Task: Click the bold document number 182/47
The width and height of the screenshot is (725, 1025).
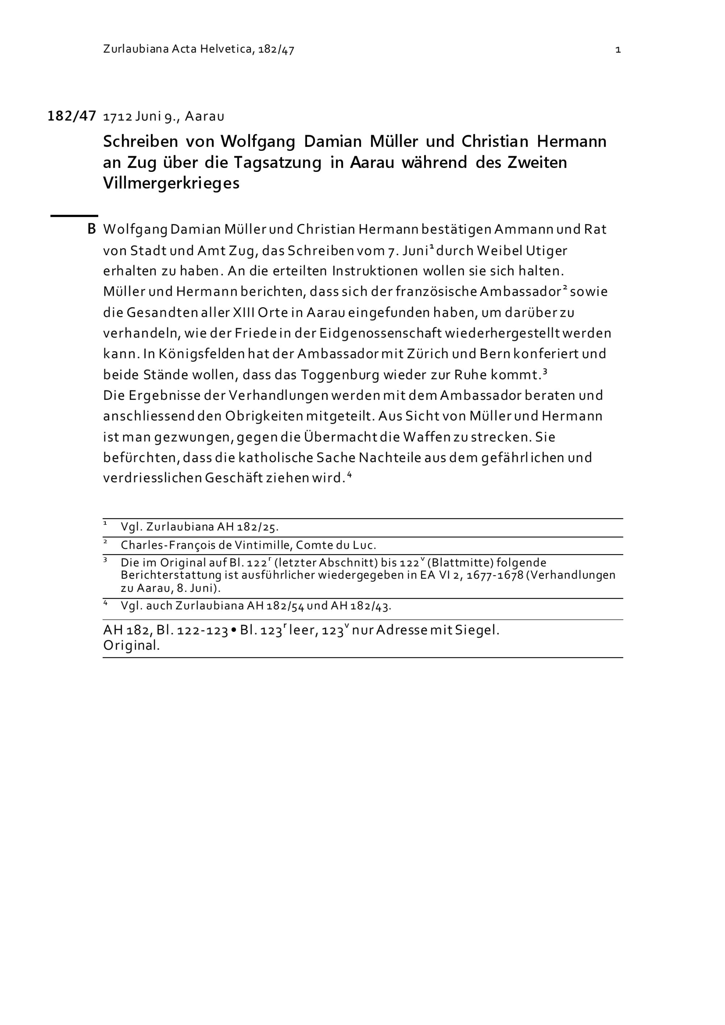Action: (x=71, y=116)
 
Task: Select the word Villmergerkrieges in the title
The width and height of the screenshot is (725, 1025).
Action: (x=171, y=183)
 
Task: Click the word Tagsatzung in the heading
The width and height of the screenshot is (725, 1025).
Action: (x=277, y=162)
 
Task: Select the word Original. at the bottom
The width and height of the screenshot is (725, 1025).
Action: (x=131, y=646)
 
